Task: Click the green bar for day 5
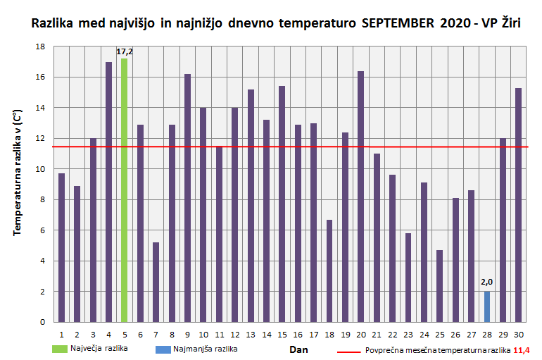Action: pyautogui.click(x=125, y=190)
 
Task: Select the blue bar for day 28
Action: pyautogui.click(x=486, y=306)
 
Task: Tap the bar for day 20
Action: pyautogui.click(x=360, y=197)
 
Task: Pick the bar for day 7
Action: pyautogui.click(x=156, y=282)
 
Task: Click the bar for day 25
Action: pyautogui.click(x=439, y=286)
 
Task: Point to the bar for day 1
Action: pyautogui.click(x=62, y=247)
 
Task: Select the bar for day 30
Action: pyautogui.click(x=518, y=205)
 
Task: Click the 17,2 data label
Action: pyautogui.click(x=125, y=51)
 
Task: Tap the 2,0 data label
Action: pyautogui.click(x=486, y=283)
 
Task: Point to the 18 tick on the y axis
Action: pyautogui.click(x=40, y=46)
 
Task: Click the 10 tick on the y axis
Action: pyautogui.click(x=40, y=169)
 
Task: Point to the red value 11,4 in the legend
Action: pyautogui.click(x=522, y=350)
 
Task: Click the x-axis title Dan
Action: pyautogui.click(x=298, y=349)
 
